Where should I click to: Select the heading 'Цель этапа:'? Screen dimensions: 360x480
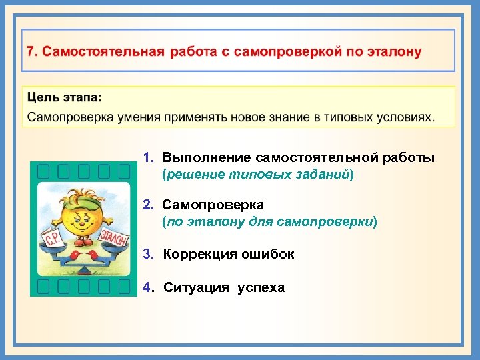pos(65,97)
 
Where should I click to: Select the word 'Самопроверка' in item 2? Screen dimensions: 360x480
pos(213,205)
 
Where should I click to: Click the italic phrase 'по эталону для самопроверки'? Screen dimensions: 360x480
pos(269,221)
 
